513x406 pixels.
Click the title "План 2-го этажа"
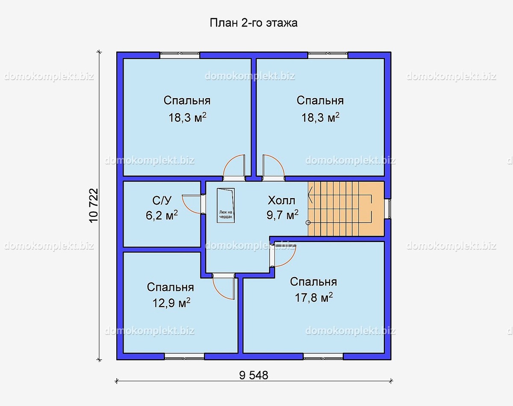click(253, 23)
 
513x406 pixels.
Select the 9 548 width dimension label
click(254, 375)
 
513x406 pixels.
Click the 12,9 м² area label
click(171, 303)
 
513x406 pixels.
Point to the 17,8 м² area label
click(314, 298)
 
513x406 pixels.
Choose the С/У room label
click(162, 200)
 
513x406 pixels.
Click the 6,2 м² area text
click(162, 216)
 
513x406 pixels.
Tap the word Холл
click(281, 200)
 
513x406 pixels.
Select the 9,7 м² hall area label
click(282, 216)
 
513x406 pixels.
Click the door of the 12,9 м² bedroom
click(224, 286)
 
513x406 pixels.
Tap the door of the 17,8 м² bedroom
click(282, 254)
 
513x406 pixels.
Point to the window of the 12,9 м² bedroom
click(184, 356)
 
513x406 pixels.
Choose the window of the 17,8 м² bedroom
click(323, 356)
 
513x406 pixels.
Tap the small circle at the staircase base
click(308, 222)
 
